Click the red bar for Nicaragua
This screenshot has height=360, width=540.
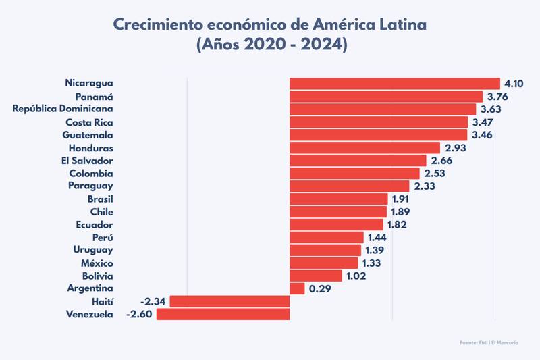tap(394, 84)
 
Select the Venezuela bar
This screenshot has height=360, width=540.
tap(223, 314)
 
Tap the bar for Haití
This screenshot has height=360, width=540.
tap(230, 301)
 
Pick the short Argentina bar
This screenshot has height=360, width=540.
tap(297, 288)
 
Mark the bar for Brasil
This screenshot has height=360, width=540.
tap(338, 199)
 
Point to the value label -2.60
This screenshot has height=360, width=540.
tap(140, 314)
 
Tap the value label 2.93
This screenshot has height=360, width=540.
tap(456, 148)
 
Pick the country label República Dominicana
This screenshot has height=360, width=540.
tap(63, 109)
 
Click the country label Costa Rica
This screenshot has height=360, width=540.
tap(89, 122)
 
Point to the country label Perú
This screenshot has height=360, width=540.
tap(102, 238)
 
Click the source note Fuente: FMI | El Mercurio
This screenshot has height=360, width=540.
tap(490, 344)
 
